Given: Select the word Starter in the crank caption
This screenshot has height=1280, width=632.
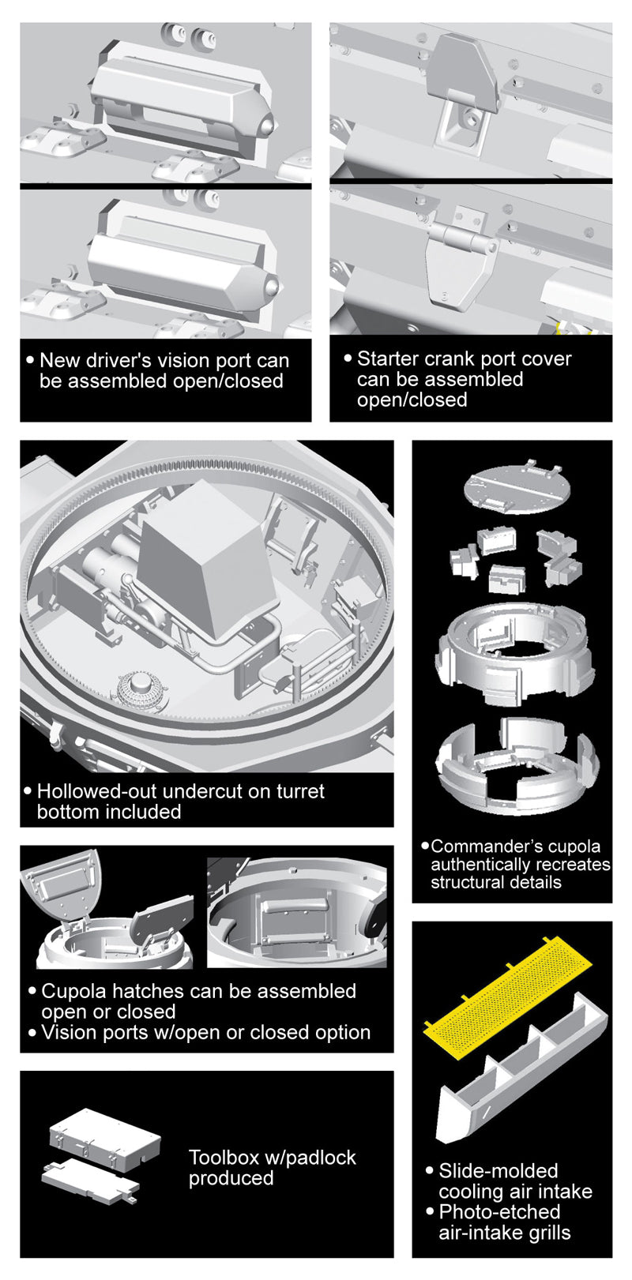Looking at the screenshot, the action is click(x=389, y=358).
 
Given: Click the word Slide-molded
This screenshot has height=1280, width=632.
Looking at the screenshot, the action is click(x=498, y=1171).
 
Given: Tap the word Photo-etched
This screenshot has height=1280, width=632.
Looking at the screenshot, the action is click(x=499, y=1211).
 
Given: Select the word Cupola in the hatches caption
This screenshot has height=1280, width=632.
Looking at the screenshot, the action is click(x=71, y=991).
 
